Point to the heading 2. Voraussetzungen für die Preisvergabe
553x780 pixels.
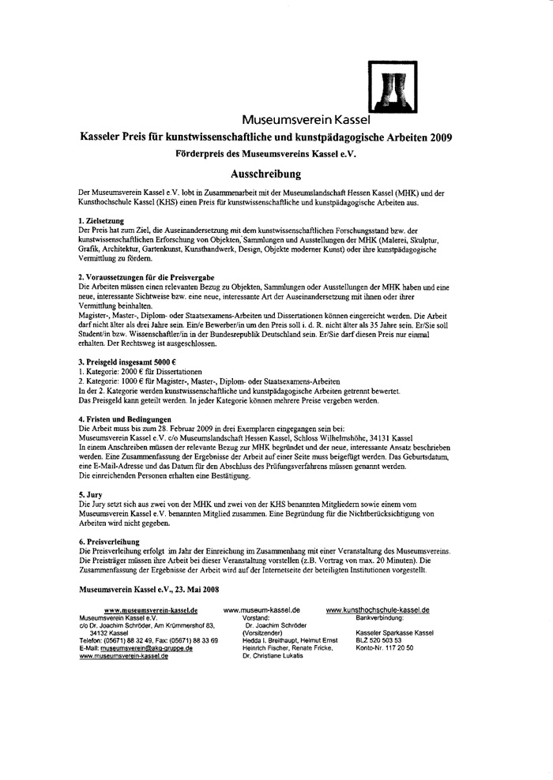point(145,276)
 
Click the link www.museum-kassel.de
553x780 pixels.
point(261,610)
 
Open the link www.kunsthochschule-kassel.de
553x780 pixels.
point(377,610)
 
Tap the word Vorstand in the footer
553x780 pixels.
point(255,617)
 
